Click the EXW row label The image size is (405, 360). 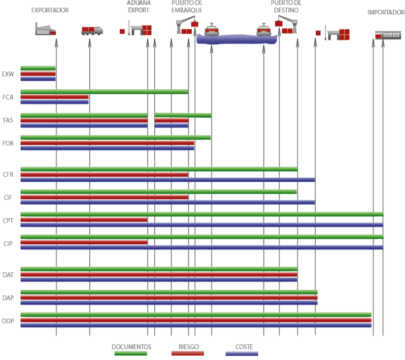[x=8, y=74]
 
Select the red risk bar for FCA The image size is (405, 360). [x=55, y=97]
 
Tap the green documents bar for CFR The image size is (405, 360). [x=159, y=169]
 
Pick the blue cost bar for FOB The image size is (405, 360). [x=107, y=148]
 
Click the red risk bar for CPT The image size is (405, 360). [x=84, y=220]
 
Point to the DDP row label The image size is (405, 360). [x=8, y=321]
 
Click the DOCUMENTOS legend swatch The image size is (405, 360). [x=131, y=354]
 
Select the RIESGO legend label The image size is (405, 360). [x=189, y=347]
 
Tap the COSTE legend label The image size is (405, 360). [x=244, y=347]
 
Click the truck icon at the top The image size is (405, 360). [x=92, y=31]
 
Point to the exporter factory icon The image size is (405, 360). [x=45, y=29]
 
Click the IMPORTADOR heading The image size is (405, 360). [x=386, y=12]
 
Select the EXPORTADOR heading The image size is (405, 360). [x=50, y=10]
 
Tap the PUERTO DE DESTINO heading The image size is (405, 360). [x=286, y=7]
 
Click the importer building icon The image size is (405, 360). [x=388, y=35]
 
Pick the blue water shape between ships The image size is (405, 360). [x=236, y=39]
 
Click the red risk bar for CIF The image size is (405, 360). [x=104, y=197]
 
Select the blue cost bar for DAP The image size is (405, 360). [x=169, y=303]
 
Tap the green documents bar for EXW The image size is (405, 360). [x=38, y=68]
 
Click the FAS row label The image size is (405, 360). [x=8, y=120]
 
